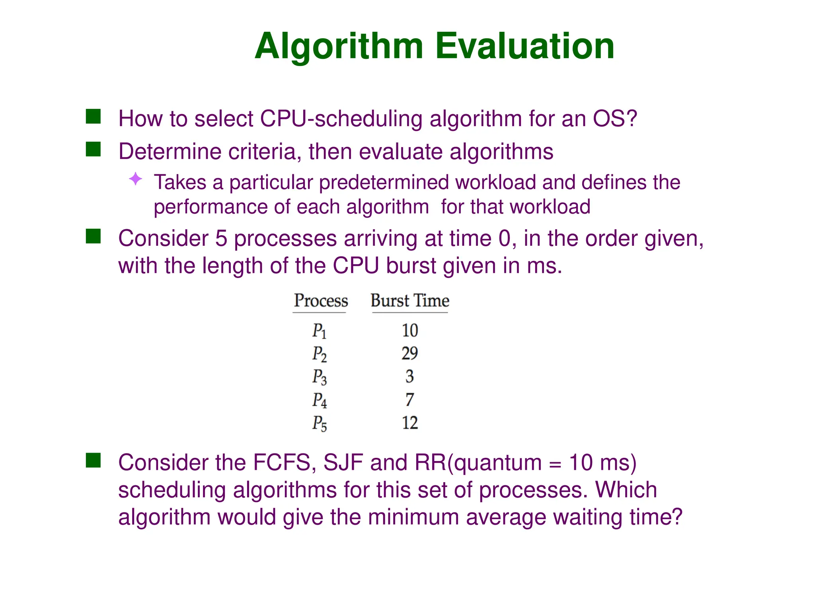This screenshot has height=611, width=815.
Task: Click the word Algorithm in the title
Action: coord(339,47)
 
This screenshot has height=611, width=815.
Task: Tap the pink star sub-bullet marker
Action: coord(136,179)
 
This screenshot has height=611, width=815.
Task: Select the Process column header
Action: coord(321,301)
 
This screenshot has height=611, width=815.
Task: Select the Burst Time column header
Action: coord(410,301)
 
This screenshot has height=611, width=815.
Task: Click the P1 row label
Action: coord(319,331)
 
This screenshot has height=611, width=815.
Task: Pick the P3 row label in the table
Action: coord(319,377)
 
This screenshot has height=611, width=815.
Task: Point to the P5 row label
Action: coord(319,423)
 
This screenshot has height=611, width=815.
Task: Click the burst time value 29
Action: coord(409,353)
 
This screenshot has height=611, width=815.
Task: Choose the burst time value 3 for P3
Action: coord(409,376)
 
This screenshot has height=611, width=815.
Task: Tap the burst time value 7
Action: coord(409,399)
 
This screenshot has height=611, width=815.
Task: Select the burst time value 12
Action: coord(409,422)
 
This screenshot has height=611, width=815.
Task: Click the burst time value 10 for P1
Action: coord(409,330)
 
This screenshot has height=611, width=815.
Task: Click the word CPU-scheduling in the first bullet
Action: coord(341,119)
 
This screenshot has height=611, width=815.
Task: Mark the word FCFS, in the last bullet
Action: coord(285,463)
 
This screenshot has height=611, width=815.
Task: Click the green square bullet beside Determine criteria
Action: coord(93,150)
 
